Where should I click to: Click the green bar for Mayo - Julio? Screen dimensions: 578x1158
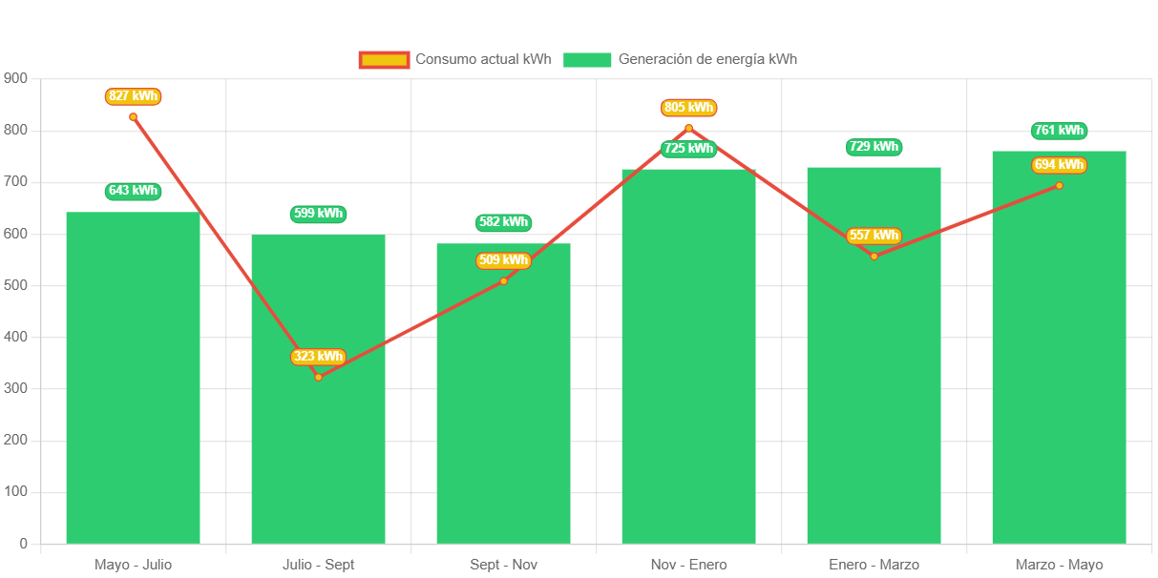(x=133, y=382)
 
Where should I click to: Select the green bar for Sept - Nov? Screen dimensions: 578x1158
(x=503, y=401)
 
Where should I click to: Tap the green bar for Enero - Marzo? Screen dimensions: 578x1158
(x=874, y=382)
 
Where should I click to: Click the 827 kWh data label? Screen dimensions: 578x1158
(x=133, y=96)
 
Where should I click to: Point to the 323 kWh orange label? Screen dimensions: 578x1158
(x=318, y=357)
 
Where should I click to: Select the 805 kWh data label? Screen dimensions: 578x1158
(x=688, y=108)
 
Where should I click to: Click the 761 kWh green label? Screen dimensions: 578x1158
(x=1059, y=131)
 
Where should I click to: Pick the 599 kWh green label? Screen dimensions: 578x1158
(x=318, y=214)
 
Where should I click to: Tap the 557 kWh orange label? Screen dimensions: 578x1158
(x=874, y=236)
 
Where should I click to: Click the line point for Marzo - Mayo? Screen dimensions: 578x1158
(x=1059, y=185)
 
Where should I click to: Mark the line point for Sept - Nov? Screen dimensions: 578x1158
(x=503, y=280)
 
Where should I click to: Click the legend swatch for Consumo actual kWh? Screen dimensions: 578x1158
(x=384, y=59)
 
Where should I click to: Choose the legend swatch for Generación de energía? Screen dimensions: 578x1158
(x=587, y=59)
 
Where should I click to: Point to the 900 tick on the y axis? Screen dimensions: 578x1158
(x=16, y=77)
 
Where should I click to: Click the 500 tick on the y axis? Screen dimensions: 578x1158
(x=16, y=285)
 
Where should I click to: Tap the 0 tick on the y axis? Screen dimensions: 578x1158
(x=23, y=544)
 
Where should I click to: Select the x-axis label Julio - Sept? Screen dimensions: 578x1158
(x=318, y=565)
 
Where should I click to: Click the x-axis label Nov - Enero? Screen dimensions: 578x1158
(x=688, y=565)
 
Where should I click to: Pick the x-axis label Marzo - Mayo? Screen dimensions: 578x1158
(x=1059, y=565)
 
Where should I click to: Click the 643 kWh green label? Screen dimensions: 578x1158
(x=133, y=191)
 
